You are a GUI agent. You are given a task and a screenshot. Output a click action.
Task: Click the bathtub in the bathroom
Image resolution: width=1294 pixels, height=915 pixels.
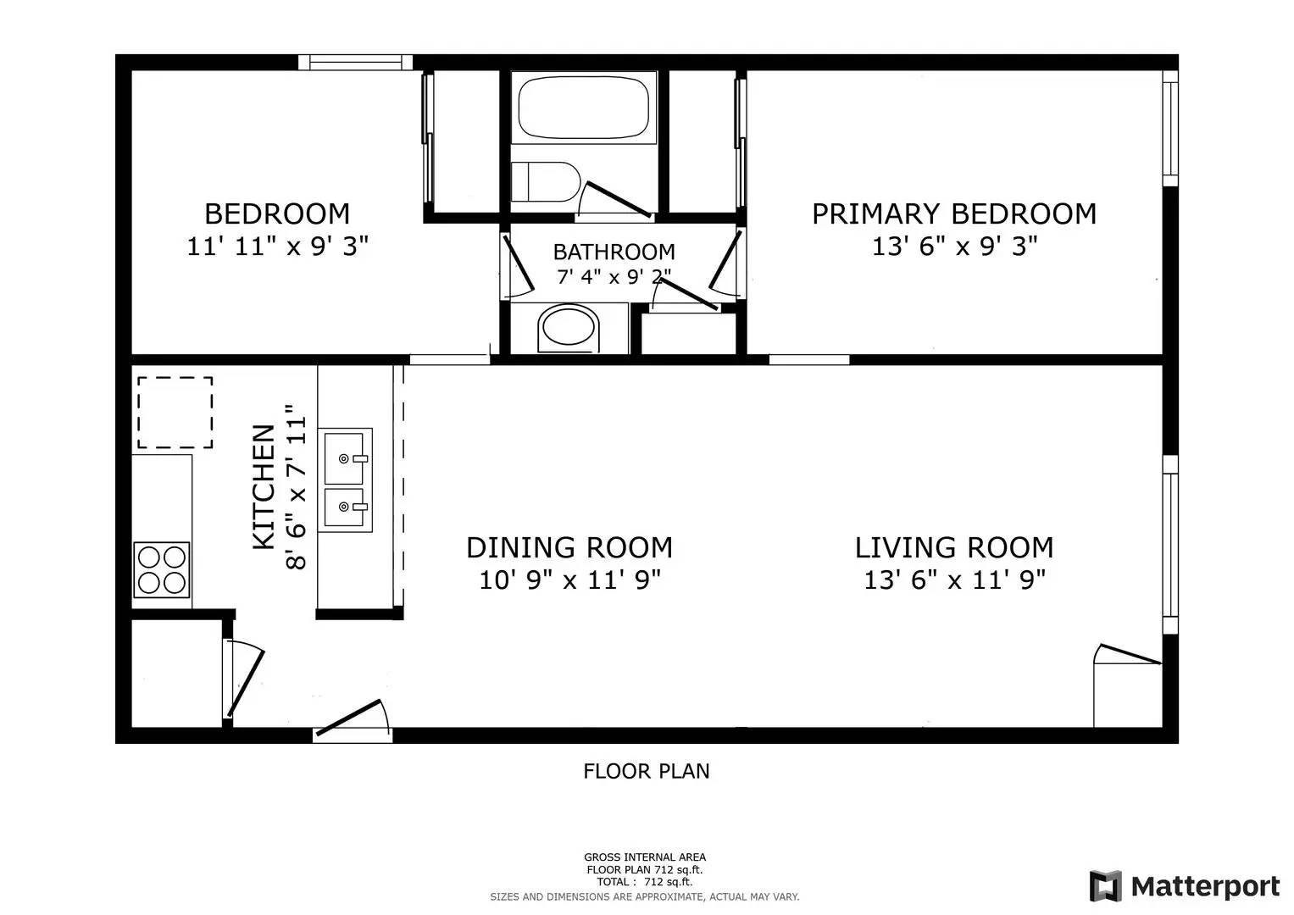pos(583,108)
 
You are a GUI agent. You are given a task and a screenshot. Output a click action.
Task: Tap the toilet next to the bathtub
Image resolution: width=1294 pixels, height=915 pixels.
pos(545,181)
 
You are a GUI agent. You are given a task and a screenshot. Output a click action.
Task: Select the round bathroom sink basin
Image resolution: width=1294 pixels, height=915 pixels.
pos(570,328)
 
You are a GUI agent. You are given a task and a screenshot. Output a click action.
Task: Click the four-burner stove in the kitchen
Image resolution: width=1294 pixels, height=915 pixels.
pos(161,569)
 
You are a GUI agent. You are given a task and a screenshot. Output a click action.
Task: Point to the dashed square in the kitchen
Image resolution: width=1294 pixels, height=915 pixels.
pos(175,413)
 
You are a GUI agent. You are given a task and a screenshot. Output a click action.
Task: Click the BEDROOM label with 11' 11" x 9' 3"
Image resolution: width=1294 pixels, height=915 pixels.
pos(277,213)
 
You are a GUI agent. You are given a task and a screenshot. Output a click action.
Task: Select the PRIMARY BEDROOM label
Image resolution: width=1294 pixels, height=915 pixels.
pos(953,213)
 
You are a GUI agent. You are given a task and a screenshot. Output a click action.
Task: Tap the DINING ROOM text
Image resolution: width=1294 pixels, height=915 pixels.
pos(569,547)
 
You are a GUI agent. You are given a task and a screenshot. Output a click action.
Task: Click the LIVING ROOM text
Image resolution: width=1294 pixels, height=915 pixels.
pos(953,547)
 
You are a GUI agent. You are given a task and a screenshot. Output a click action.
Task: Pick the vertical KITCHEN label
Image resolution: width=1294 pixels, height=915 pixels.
pos(264,486)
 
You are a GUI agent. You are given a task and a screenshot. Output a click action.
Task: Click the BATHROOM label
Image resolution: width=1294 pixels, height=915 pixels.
pos(614,252)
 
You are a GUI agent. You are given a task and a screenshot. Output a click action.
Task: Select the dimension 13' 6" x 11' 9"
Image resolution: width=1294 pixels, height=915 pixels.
pos(954,580)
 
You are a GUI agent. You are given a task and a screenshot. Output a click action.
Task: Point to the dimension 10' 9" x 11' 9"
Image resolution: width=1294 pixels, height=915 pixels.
pos(569,580)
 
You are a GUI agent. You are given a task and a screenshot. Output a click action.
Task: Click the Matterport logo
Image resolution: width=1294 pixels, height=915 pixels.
pos(1185,886)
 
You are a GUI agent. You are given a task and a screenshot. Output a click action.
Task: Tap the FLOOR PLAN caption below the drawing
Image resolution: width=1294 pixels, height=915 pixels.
pos(646,771)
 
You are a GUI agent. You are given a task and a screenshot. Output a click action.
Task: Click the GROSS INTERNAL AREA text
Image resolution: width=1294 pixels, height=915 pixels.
pos(644,857)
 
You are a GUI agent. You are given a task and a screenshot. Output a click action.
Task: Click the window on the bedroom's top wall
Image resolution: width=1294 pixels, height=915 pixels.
pos(354,62)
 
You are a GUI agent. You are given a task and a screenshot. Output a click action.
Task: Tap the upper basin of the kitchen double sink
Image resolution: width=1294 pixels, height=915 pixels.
pos(345,457)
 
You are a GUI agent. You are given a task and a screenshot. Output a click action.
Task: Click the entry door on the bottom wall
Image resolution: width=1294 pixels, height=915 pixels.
pos(353,722)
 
